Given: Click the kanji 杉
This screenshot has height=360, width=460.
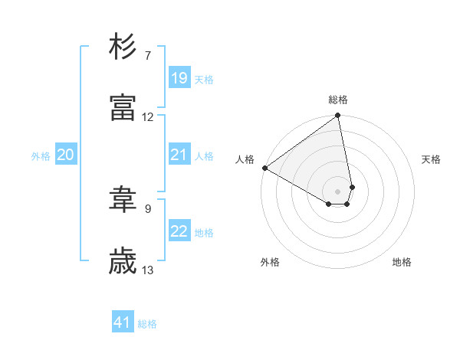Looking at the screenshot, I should coord(123,47).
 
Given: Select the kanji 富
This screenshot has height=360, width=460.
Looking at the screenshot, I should coord(123,108).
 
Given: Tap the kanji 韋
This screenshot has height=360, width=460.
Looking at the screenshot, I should coord(123,201).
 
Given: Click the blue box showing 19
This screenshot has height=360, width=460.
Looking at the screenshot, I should coord(179,78).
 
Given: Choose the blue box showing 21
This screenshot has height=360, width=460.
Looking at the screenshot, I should coord(179,155).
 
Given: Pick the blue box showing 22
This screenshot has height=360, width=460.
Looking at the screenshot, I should coord(179,231).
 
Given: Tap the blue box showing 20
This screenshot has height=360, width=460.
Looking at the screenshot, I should coord(66,155).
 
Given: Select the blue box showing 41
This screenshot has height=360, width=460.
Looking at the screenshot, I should coord(123,323).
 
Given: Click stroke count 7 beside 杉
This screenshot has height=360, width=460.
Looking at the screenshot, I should coord(148,56).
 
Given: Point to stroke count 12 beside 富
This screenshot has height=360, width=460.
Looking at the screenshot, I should coord(148,117).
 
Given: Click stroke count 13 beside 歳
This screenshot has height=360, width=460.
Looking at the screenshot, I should coord(148,270).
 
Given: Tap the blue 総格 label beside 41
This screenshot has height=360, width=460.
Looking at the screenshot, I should coord(147,325).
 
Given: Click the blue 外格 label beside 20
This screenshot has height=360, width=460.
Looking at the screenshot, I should coord(41,156).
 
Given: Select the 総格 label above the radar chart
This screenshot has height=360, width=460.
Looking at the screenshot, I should coord(338,100).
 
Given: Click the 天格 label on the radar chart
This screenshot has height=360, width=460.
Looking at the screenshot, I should coord(432,159).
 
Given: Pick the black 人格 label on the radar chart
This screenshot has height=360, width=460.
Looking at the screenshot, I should coord(245,159).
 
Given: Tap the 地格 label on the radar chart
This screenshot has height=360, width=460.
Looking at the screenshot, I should coord(402,263).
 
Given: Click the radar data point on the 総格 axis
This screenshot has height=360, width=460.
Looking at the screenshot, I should coord(338,116).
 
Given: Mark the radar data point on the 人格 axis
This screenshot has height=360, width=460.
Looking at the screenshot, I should coord(264,168).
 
